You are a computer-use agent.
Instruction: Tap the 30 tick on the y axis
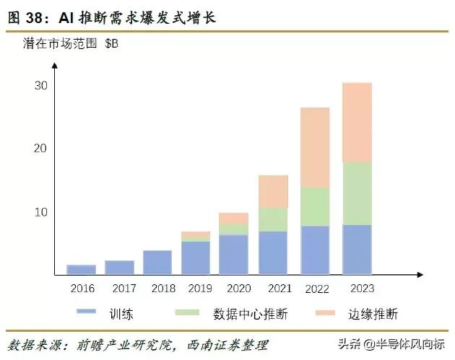tap(41, 85)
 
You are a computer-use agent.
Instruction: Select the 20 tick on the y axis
tap(41, 149)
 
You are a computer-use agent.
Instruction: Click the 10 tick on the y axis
tap(41, 212)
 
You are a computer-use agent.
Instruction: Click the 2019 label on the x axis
tap(196, 288)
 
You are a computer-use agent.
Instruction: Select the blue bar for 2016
tap(81, 270)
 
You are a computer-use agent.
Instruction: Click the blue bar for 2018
tap(157, 263)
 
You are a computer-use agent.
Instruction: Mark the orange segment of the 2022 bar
tap(314, 147)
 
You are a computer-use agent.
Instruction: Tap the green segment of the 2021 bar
tap(273, 219)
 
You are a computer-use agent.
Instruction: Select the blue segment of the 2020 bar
tap(233, 255)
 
